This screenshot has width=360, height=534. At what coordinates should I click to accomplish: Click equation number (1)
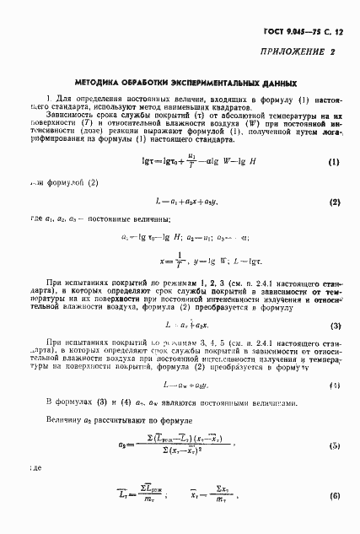pyautogui.click(x=333, y=161)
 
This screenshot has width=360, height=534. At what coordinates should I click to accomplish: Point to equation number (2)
pyautogui.click(x=334, y=202)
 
